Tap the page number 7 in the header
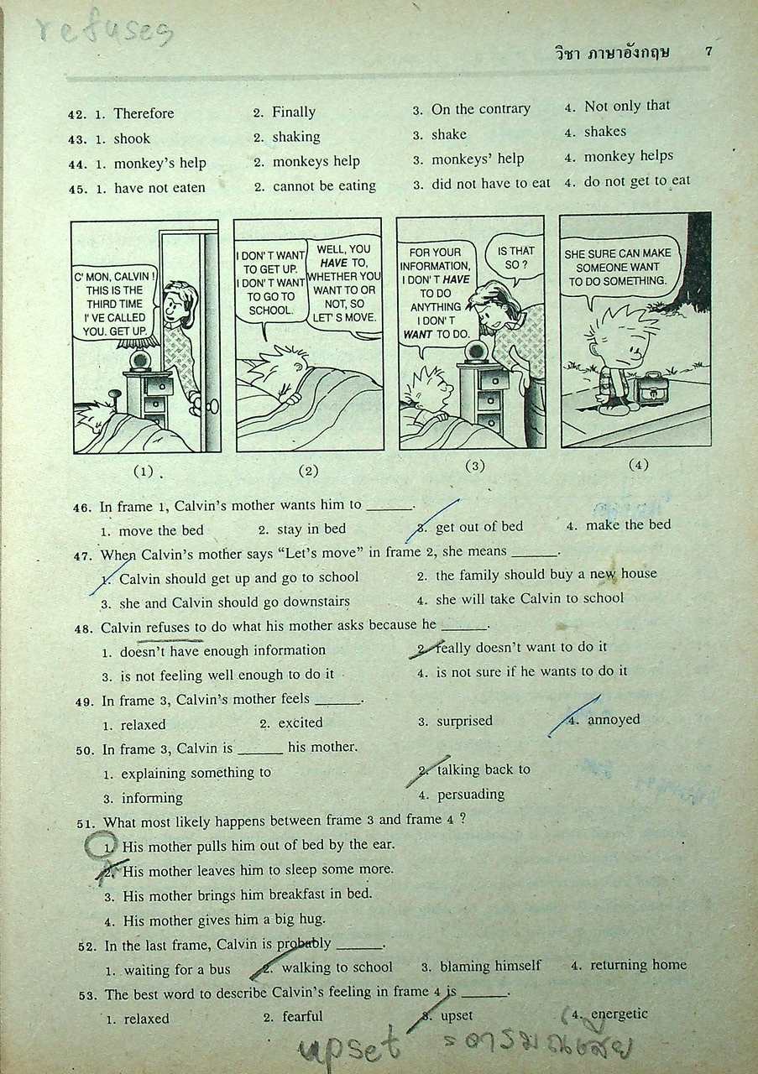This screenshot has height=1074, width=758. pos(708,51)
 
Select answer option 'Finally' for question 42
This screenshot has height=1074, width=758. pos(293,112)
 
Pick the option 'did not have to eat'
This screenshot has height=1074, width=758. pos(490,183)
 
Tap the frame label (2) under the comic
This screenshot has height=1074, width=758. pos(308,471)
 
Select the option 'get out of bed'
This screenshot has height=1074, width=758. pos(478,526)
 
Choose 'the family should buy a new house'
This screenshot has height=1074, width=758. pos(546,574)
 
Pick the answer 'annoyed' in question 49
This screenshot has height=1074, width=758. pos(613,719)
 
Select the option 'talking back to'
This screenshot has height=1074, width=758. pos(484,769)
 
